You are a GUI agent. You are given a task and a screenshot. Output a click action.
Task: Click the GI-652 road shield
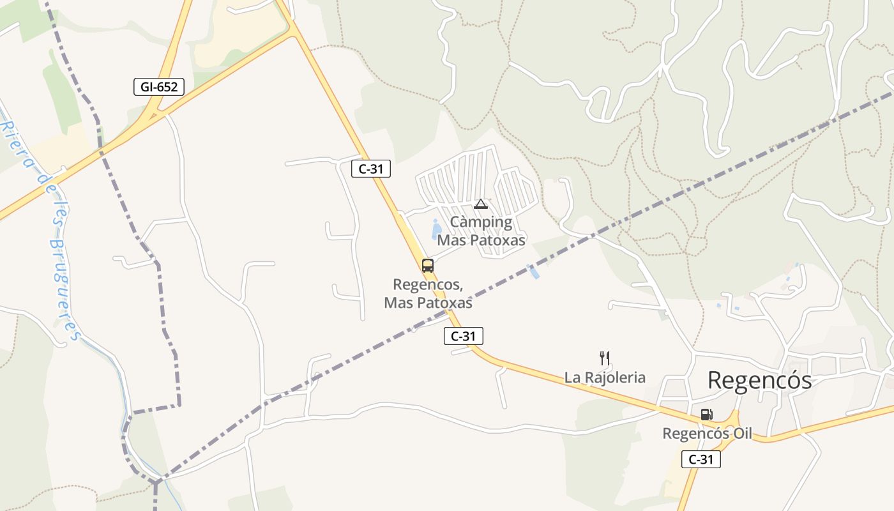159,87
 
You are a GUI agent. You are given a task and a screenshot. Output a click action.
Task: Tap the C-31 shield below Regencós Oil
701,459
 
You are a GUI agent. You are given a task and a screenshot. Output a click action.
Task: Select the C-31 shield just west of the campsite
370,169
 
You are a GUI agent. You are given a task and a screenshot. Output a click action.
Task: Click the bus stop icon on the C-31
428,265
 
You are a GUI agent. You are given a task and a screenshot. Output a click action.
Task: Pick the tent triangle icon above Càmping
481,204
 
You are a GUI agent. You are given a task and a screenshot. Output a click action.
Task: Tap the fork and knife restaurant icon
605,358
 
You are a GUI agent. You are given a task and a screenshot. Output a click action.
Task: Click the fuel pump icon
706,414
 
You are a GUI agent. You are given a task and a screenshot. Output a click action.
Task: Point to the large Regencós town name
759,381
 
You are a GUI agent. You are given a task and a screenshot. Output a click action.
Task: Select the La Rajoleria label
605,378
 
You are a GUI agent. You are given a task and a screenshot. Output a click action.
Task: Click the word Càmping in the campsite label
481,222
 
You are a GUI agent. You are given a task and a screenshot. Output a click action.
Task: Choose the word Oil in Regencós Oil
742,434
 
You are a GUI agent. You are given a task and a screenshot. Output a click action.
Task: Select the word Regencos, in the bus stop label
428,284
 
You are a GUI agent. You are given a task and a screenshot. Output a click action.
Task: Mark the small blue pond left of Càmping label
436,228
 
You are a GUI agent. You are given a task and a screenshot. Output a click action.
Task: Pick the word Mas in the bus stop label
396,303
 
